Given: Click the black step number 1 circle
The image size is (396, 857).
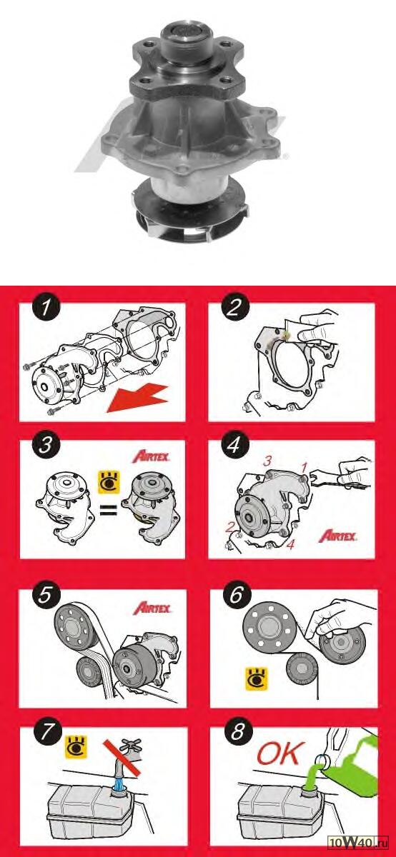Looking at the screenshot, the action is tap(46, 308).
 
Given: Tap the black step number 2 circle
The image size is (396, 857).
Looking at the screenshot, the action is tap(234, 308).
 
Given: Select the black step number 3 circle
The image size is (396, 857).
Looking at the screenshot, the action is tap(46, 446).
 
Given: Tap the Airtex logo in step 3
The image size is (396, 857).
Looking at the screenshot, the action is tap(151, 457).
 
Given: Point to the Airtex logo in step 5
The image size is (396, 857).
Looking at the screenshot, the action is tap(152, 608).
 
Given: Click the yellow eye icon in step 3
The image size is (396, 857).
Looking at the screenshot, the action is tap(109, 483).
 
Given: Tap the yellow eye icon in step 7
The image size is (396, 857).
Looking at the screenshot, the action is tap(76, 746).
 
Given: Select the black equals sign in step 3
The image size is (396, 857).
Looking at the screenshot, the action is tap(109, 511).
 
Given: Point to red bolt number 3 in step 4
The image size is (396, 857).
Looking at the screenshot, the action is tap(267, 461).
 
